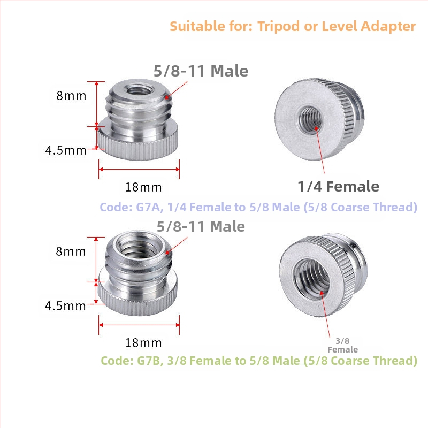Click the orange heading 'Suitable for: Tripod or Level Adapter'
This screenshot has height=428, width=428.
293,26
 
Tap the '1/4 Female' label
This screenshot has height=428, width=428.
338,186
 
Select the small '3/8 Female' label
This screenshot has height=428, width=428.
342,345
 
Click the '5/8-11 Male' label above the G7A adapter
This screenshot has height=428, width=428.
201,71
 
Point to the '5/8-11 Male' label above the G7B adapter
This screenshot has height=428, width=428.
201,226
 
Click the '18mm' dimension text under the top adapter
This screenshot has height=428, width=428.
143,187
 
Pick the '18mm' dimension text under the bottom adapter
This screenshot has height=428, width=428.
143,343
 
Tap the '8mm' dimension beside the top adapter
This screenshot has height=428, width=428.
71,96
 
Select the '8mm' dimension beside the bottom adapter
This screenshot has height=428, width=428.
71,251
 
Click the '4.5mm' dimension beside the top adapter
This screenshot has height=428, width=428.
66,150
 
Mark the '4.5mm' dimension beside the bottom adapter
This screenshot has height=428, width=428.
65,305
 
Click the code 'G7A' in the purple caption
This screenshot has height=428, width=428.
148,207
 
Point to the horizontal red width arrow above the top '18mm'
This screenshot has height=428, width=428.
139,169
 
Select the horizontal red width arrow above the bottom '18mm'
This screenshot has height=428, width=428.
139,325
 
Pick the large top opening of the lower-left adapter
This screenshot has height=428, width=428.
139,245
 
